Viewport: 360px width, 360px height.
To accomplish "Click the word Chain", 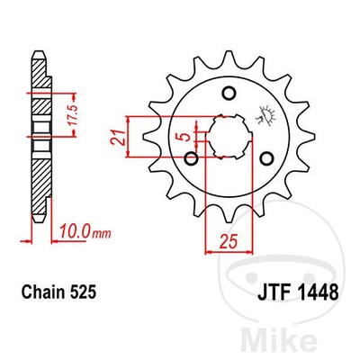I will pyautogui.click(x=44, y=292).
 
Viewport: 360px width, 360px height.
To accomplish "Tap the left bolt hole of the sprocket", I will pyautogui.click(x=191, y=159).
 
